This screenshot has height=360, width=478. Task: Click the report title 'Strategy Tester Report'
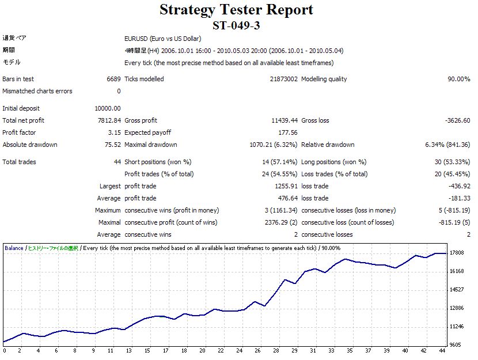click(x=236, y=10)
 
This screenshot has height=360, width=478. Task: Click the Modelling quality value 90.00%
click(x=458, y=79)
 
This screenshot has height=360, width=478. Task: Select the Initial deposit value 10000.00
click(x=108, y=108)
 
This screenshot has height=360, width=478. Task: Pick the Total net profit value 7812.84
click(x=110, y=120)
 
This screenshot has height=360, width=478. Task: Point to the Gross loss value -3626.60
click(x=457, y=120)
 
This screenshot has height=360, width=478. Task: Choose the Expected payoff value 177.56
click(x=287, y=132)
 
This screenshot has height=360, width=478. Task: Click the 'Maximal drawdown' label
click(x=151, y=145)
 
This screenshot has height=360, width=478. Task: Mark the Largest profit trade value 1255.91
click(x=286, y=186)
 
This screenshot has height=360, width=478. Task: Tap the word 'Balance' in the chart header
click(x=14, y=248)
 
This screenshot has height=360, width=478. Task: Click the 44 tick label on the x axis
click(x=442, y=350)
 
